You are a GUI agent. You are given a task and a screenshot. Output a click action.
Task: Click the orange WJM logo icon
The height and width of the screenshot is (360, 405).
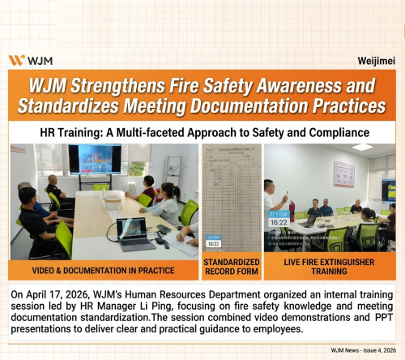click(15, 60)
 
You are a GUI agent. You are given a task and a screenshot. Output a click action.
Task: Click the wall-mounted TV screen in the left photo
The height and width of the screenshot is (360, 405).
click(94, 161)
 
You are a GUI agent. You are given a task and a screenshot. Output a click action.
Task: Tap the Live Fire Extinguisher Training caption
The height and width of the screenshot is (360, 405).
click(329, 268)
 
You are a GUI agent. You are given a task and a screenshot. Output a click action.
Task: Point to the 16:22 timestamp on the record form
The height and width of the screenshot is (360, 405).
click(214, 242)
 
